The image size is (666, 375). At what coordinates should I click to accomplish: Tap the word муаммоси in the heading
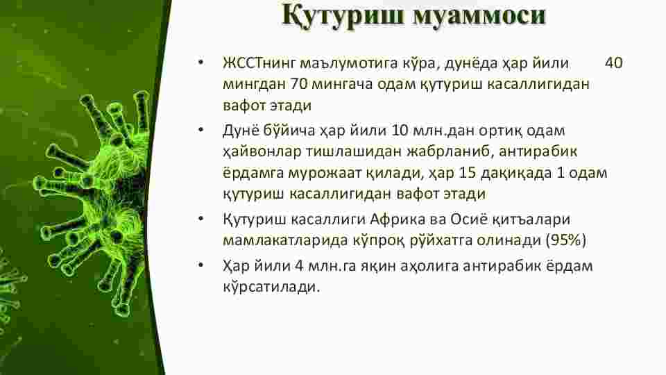coord(479,16)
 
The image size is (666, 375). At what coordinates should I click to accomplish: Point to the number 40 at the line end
coord(614,62)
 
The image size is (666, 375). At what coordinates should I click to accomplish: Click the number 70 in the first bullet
coord(298,84)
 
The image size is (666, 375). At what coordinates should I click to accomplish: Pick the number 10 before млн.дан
coord(400,130)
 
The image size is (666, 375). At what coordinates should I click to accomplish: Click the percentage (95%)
coord(566,241)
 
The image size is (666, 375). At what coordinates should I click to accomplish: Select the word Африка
coord(398,219)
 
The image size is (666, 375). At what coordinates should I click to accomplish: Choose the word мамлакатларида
coord(285,241)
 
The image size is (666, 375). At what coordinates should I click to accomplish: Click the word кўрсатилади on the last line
coord(271,287)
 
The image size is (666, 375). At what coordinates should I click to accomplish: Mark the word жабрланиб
coord(450,152)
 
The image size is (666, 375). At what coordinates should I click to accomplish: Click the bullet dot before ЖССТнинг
coord(201,62)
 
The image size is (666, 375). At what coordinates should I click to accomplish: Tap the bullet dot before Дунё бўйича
coord(201,130)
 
